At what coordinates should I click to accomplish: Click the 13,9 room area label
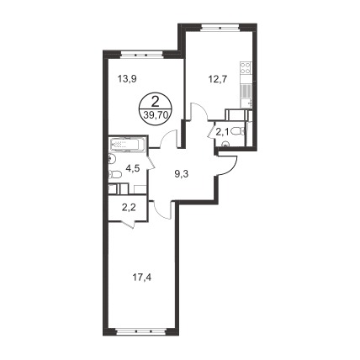click(x=127, y=79)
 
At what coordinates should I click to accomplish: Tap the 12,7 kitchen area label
click(x=217, y=79)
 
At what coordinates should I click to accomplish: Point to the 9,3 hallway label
click(x=182, y=174)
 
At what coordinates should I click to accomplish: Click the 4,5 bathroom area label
click(x=133, y=168)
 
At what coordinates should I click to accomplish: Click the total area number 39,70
click(x=155, y=114)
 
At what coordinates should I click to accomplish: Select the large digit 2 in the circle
click(x=155, y=102)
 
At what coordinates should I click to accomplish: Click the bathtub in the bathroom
click(x=128, y=145)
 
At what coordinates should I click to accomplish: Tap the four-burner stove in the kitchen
click(x=246, y=67)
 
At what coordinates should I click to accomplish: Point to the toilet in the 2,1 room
click(x=241, y=131)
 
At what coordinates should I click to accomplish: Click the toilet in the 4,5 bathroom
click(x=114, y=175)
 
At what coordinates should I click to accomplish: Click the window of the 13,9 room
click(x=142, y=55)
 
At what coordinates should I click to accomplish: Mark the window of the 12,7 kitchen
click(x=220, y=28)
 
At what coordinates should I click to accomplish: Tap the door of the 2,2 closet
click(x=129, y=225)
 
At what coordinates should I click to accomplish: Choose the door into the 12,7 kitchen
click(x=199, y=112)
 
